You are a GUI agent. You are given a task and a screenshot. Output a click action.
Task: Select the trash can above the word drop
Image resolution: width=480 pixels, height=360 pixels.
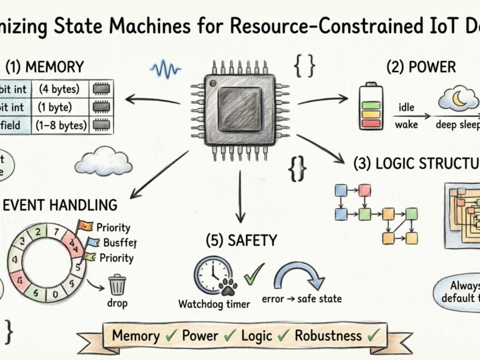click(117, 285)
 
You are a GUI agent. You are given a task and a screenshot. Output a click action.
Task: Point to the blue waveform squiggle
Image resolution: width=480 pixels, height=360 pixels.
click(165, 69)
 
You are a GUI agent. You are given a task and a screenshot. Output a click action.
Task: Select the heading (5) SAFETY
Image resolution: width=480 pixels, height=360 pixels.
click(242, 240)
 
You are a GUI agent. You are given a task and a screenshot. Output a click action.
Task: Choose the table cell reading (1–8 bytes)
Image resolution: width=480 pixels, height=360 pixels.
click(61, 125)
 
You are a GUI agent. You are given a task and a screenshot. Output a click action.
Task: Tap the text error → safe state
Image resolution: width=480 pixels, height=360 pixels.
click(302, 298)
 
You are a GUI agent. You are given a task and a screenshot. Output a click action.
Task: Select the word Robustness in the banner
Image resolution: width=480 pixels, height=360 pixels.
click(328, 335)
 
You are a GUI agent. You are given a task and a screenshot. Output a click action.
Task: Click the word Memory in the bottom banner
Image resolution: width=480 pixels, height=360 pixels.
click(136, 335)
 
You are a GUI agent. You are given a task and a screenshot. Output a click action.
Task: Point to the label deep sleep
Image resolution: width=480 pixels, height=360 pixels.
click(457, 124)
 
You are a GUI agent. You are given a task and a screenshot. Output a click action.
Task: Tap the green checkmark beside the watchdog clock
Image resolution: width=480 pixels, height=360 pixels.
click(253, 273)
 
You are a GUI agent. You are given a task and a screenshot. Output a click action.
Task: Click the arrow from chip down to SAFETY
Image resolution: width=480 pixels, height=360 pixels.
click(239, 196)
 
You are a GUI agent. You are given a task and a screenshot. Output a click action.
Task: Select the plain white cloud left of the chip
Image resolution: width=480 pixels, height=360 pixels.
click(104, 161)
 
